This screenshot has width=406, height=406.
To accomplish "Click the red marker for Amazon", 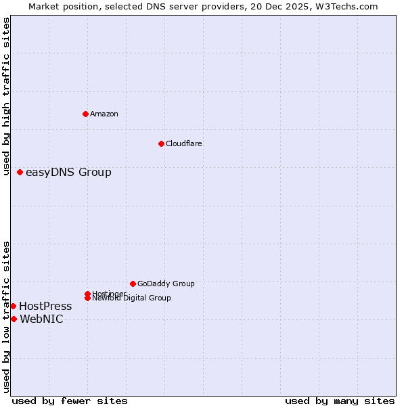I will coord(85,114).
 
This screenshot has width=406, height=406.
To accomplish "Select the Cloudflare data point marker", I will coord(161,143).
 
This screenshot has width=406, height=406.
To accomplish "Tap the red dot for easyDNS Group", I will coord(20,173).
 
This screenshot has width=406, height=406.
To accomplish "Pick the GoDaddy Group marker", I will coord(133,284).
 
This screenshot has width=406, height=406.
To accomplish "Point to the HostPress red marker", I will coord(13,307).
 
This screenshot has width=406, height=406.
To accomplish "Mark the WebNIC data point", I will coord(14,319).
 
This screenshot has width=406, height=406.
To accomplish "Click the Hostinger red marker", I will coord(87,294).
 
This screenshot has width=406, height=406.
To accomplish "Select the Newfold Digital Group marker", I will coord(88,298).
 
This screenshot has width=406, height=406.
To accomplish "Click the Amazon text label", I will coord(104,114).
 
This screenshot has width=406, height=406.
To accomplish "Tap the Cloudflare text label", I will coord(184,143).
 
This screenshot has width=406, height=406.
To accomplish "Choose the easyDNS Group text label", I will coord(68,173).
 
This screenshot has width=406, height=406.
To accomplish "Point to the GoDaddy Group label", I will coord(166,284).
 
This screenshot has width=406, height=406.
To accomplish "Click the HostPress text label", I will coord(45,307).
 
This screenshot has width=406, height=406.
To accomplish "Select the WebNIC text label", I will coord(41,319).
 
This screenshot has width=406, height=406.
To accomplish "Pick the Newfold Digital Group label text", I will coord(131,298).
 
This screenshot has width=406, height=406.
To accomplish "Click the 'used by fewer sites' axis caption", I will coord(70,401).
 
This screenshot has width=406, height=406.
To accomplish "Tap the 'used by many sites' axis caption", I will coord(340,401).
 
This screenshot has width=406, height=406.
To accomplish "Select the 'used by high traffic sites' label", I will coord(7,97).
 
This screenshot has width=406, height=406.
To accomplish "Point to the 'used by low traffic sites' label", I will coord(7,317).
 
